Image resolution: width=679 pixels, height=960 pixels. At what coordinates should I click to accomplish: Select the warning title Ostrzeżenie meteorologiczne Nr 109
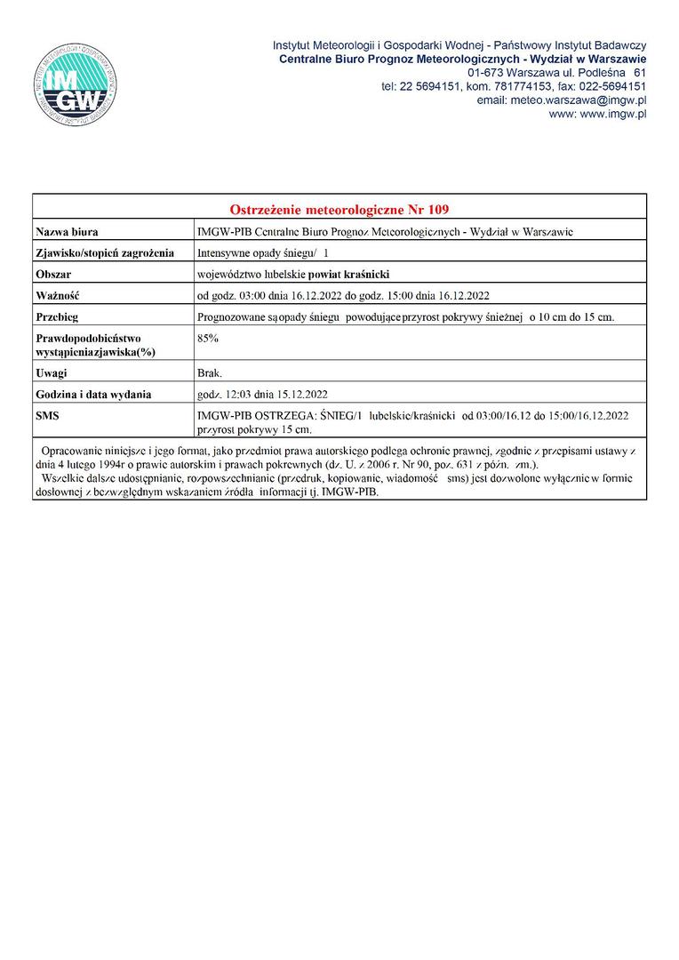coord(339,210)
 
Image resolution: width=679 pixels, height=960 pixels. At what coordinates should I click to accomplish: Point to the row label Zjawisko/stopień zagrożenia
coord(105,253)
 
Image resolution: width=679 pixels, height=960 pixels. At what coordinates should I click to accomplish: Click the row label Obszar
coord(53,275)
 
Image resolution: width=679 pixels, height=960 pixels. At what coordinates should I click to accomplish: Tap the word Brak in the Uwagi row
coord(210,373)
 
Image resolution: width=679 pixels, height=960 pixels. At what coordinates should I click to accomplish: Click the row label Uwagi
coord(52,373)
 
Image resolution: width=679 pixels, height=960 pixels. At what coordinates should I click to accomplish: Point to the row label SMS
coord(47,415)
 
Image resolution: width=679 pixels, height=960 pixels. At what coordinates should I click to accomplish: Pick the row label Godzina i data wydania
coord(93,395)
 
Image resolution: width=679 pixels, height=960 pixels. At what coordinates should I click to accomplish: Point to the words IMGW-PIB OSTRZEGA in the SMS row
coord(256,415)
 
